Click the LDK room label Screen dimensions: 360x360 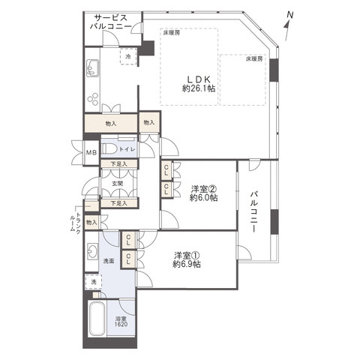[x=199, y=79]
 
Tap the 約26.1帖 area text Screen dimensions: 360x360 [x=199, y=88]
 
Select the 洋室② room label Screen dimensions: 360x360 [x=203, y=188]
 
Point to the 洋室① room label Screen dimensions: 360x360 [x=186, y=256]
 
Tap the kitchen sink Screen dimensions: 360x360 [x=92, y=68]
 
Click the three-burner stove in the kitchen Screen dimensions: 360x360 [x=93, y=99]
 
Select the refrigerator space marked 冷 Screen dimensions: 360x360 [x=128, y=56]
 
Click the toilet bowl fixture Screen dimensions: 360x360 [x=109, y=149]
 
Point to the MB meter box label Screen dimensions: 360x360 [x=91, y=152]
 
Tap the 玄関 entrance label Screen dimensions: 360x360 [x=117, y=184]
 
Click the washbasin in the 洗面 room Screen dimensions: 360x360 [x=92, y=250]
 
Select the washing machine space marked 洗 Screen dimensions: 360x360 [x=94, y=282]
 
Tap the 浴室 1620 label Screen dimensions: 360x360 [x=121, y=322]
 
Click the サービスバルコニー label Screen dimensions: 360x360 [x=111, y=22]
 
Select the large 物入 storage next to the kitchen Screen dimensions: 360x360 [x=111, y=123]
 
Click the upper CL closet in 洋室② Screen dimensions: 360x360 [x=166, y=170]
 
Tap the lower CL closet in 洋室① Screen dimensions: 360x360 [x=128, y=259]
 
